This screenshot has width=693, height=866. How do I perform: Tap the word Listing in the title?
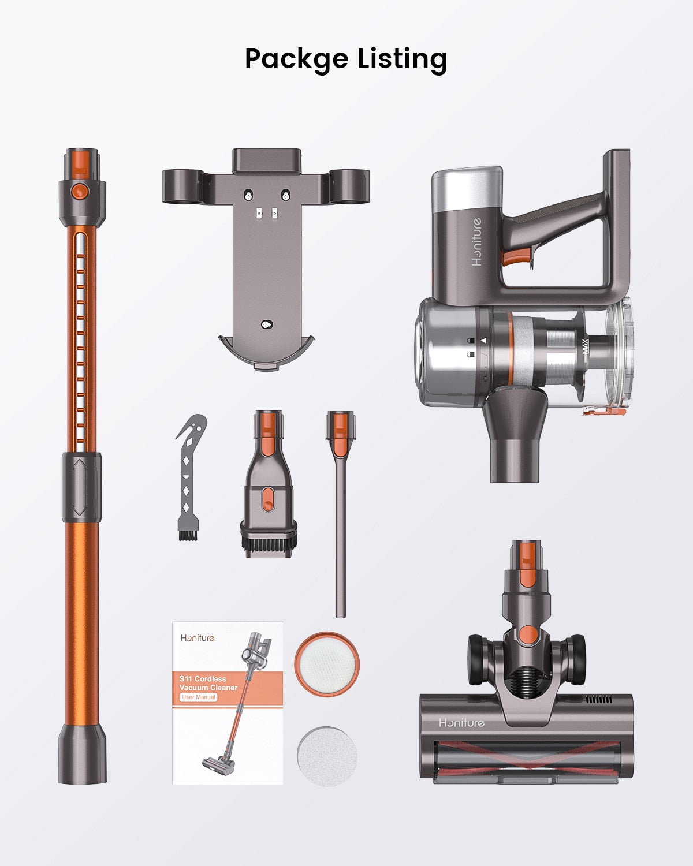point(402,59)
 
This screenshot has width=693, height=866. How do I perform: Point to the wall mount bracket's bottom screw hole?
point(266,325)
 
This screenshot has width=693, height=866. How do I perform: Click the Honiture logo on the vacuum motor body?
point(476,242)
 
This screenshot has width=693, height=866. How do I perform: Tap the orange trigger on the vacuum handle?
point(516,257)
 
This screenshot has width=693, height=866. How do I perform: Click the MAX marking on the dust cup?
point(586,346)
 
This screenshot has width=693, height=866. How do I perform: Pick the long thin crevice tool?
point(341,514)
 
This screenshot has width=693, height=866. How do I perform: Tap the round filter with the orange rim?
point(327,663)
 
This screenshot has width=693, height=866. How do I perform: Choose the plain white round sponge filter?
point(326,756)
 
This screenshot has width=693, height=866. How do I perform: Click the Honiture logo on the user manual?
point(198,638)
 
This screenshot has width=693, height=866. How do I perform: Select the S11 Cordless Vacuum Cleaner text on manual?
point(208,683)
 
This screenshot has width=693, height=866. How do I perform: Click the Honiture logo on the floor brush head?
point(461,723)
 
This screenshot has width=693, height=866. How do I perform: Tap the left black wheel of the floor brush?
point(479,658)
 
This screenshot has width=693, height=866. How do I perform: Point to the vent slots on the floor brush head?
point(599,699)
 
